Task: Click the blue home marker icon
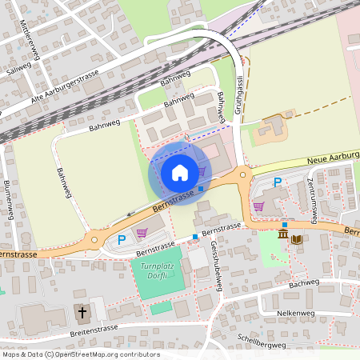click(x=180, y=172)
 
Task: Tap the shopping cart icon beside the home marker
click(x=201, y=171)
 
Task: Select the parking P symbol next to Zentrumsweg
click(x=278, y=182)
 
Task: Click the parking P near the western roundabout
click(x=122, y=239)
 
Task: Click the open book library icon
click(x=297, y=238)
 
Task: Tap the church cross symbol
click(x=81, y=311)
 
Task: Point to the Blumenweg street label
click(x=8, y=198)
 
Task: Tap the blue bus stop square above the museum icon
click(x=285, y=224)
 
